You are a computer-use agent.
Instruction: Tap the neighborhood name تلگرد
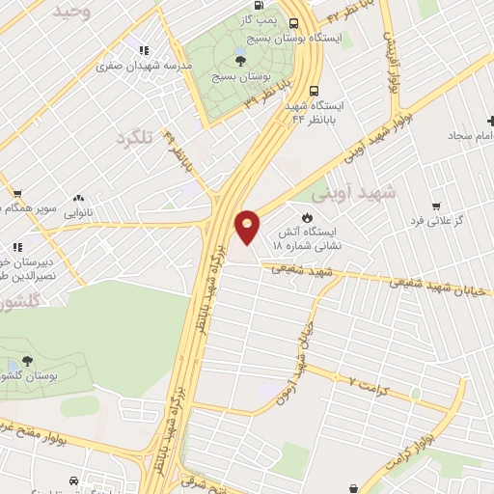pyautogui.click(x=135, y=137)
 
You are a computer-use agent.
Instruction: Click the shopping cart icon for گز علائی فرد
pyautogui.click(x=436, y=205)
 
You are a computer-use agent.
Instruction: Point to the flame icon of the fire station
pyautogui.click(x=308, y=216)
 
